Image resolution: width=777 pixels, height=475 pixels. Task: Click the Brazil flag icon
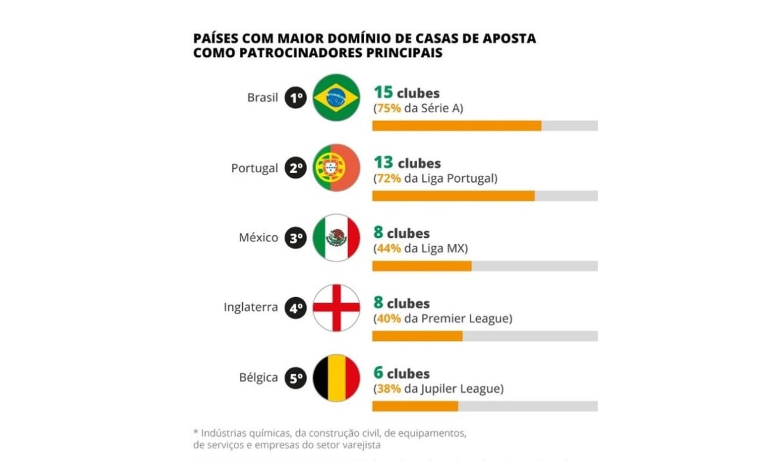click(x=336, y=98)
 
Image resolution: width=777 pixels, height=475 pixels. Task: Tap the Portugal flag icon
click(x=336, y=168)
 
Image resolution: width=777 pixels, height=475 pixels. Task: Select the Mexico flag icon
click(x=336, y=238)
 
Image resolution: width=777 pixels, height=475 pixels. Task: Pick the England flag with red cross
click(x=336, y=308)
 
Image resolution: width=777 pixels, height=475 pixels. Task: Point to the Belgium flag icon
click(x=336, y=378)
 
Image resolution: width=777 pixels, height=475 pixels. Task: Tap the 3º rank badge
click(x=296, y=238)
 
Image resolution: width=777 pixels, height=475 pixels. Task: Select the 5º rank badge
click(x=296, y=379)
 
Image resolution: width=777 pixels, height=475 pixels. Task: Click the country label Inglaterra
click(x=251, y=308)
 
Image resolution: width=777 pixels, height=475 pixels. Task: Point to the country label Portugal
click(x=254, y=168)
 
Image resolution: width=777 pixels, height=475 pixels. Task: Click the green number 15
click(x=383, y=92)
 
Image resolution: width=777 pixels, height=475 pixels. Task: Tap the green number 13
click(x=383, y=163)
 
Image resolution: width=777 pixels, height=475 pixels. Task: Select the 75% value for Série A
click(x=388, y=109)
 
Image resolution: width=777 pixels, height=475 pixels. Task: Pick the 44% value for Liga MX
click(x=388, y=249)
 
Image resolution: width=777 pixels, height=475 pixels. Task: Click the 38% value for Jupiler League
click(x=388, y=389)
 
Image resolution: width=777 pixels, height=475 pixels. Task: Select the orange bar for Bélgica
click(x=415, y=406)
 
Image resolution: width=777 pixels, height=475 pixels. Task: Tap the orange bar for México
click(x=422, y=266)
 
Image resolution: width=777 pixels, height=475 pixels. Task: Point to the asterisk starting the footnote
click(x=195, y=433)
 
